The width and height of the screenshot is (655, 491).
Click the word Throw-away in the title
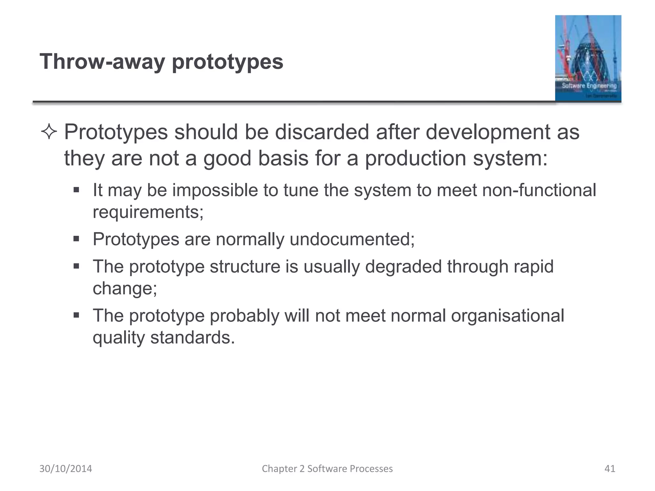(102, 62)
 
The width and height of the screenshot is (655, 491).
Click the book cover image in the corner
(588, 58)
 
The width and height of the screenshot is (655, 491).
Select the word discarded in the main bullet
(322, 132)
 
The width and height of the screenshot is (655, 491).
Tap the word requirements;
(148, 212)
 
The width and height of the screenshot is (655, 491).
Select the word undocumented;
(352, 239)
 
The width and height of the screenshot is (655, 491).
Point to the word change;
(125, 288)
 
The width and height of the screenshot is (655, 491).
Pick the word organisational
(507, 316)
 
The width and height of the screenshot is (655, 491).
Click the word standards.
(193, 338)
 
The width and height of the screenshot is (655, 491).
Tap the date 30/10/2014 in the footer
(66, 469)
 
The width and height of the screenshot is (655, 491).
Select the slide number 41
(610, 469)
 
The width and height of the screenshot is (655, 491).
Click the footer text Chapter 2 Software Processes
(327, 469)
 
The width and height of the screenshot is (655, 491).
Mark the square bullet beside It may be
(76, 190)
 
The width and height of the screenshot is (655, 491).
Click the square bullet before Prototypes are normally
(76, 239)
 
